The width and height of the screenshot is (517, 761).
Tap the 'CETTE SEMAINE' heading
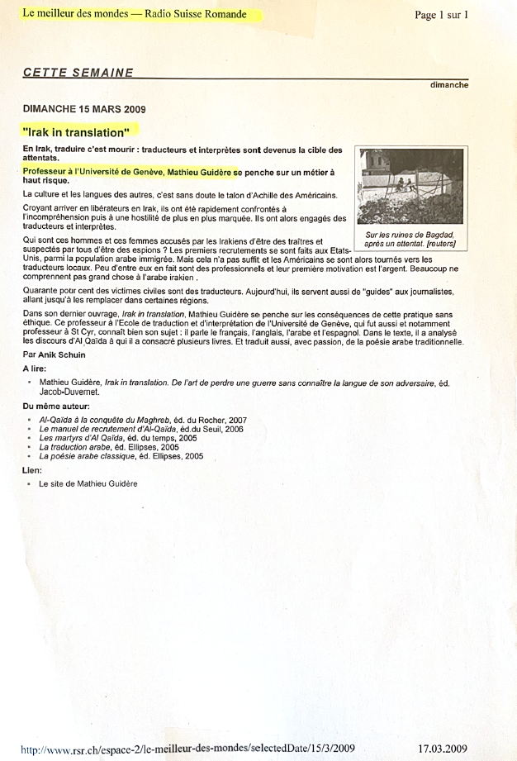pos(78,73)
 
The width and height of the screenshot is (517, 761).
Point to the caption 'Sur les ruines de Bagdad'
pos(410,235)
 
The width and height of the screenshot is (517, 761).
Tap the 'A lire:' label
pos(36,369)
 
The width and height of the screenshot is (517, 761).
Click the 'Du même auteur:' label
pos(56,406)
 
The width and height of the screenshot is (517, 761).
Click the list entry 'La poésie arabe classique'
pos(91,456)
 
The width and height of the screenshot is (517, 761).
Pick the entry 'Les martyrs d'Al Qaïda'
pos(88,438)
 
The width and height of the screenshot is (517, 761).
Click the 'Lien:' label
pos(32,469)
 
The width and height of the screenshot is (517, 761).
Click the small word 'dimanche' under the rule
pos(449,85)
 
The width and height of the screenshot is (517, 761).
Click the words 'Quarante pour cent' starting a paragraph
pos(55,292)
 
